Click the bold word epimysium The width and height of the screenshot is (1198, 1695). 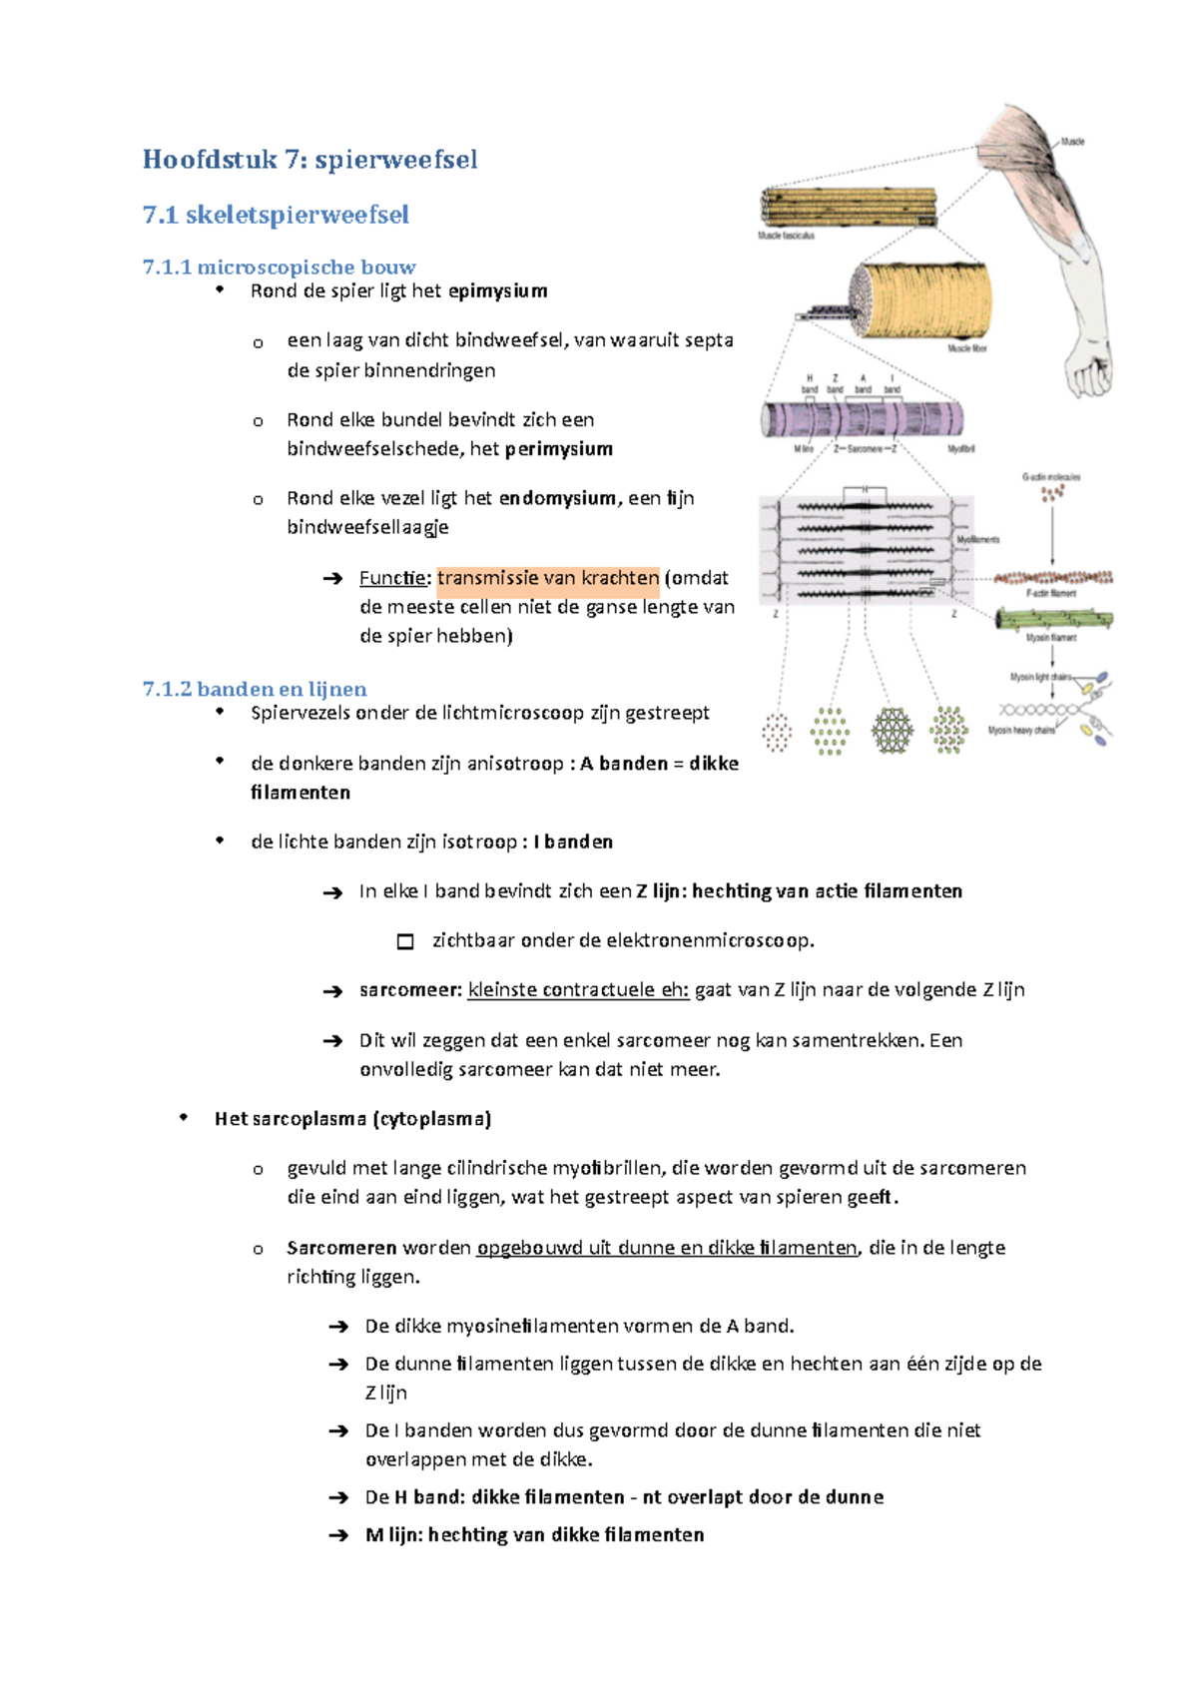click(497, 291)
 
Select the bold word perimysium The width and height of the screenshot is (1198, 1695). click(558, 449)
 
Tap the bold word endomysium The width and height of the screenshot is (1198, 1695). click(557, 498)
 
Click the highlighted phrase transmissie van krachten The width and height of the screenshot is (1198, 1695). click(548, 578)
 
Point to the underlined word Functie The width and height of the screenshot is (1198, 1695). click(392, 578)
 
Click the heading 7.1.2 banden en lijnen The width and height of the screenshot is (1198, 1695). click(255, 689)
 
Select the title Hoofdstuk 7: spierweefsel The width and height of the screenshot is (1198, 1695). click(309, 160)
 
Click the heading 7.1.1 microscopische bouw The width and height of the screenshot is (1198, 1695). click(279, 267)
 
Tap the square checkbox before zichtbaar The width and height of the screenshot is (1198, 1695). click(405, 941)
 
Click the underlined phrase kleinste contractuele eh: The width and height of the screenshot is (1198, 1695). click(578, 990)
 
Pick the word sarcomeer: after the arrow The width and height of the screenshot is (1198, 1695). click(410, 990)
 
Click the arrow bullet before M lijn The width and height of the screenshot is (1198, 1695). click(337, 1536)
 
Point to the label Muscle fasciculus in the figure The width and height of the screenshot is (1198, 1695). click(786, 237)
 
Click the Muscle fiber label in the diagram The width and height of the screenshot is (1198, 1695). click(966, 349)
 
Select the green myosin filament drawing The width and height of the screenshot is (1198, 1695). click(1053, 620)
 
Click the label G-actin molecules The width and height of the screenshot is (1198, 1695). click(1050, 477)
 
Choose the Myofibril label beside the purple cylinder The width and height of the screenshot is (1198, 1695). click(960, 449)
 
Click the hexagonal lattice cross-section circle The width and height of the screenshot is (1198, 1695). click(892, 731)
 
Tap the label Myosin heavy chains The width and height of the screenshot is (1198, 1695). click(1021, 731)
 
